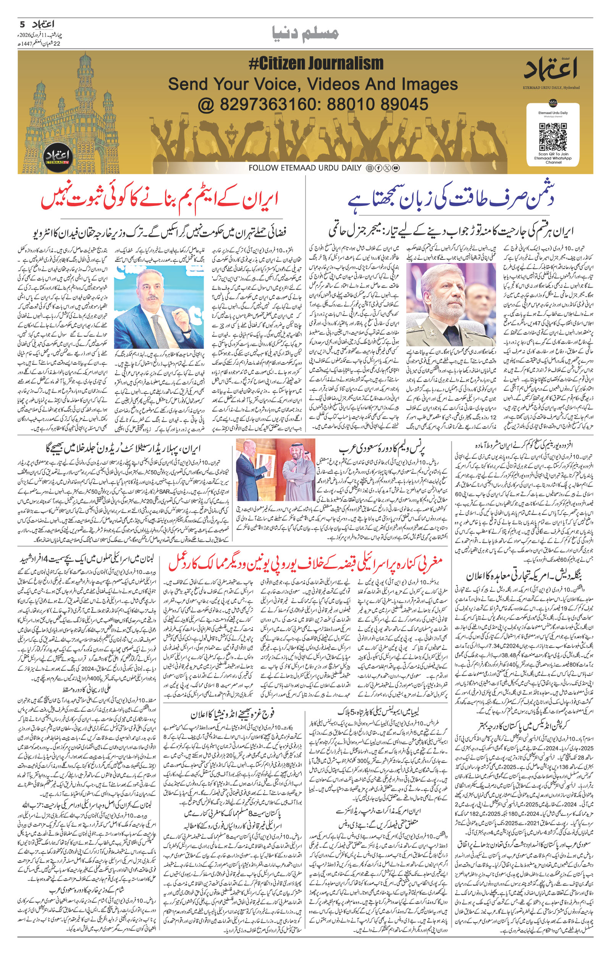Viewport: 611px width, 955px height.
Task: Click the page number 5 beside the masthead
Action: click(23, 24)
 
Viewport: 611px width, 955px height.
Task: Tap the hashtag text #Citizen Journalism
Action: click(316, 64)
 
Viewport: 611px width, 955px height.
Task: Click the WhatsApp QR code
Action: click(553, 136)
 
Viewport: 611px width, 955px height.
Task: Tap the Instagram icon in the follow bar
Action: click(369, 168)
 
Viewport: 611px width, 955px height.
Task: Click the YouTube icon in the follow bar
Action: click(395, 168)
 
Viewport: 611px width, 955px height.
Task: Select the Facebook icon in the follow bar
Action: click(378, 168)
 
